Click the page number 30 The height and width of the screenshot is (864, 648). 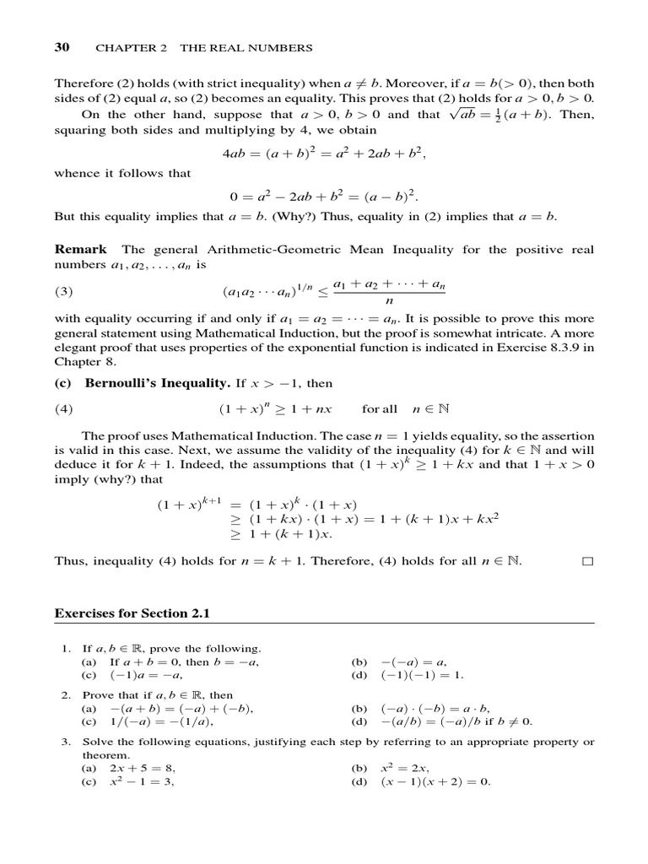coord(62,48)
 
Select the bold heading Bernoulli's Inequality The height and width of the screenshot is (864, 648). coord(157,383)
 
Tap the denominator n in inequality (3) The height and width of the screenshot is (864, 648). coord(389,301)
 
